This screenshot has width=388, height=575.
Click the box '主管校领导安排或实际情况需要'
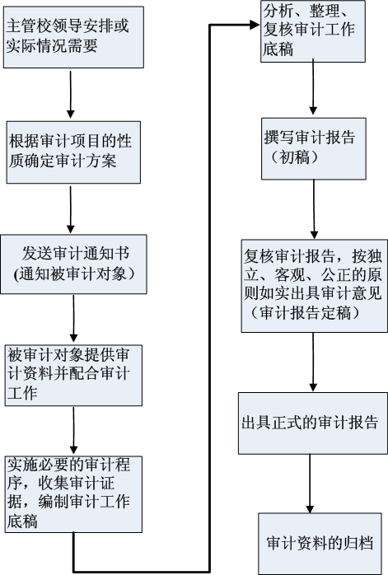pos(73,37)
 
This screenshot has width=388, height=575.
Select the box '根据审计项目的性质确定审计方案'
pos(73,152)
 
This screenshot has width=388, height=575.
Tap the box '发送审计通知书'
pos(73,264)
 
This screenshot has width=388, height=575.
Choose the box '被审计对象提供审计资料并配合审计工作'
pos(73,375)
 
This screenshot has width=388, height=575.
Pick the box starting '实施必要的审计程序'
pos(73,494)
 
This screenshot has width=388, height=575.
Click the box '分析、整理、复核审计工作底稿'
pos(313,31)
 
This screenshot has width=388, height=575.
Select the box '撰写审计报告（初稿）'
pos(314,148)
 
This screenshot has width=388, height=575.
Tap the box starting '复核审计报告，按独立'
pos(314,286)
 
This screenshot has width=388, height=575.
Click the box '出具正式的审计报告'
pos(313,423)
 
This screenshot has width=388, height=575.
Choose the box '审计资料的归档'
pos(320,544)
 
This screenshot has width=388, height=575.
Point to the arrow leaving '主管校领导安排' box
pos(70,95)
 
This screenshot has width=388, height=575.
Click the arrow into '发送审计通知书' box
pos(70,209)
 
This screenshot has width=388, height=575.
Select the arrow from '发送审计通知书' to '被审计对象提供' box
pos(73,318)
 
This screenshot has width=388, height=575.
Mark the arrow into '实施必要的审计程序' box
pos(73,431)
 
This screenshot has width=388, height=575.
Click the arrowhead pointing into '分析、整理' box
pos(255,25)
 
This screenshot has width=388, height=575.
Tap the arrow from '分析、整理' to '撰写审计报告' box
pos(313,88)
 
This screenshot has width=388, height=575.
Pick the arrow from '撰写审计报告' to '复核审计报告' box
pos(314,209)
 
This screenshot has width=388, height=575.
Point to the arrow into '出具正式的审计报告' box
pos(313,362)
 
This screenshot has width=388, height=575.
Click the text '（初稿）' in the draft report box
pos(296,157)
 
